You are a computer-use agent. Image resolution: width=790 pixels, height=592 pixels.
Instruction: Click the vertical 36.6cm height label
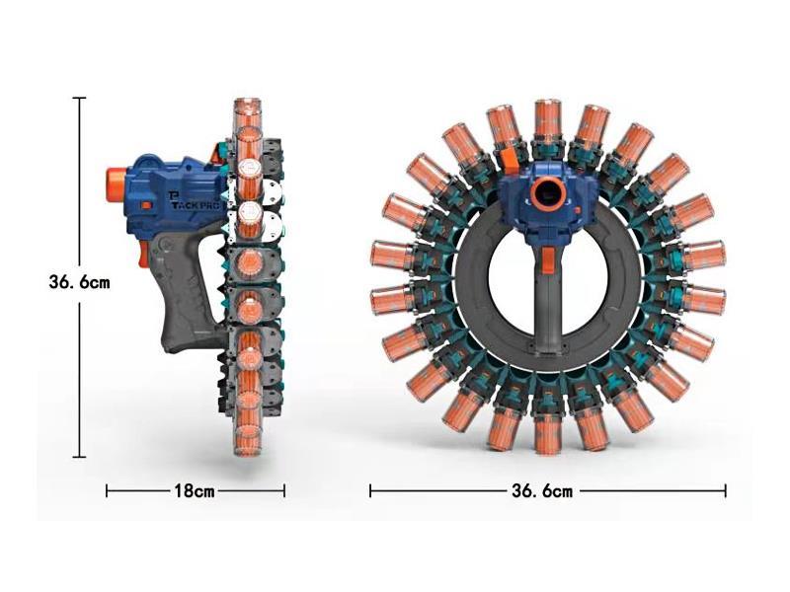pyautogui.click(x=79, y=281)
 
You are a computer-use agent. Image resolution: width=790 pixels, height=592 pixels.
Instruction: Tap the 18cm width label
pyautogui.click(x=196, y=490)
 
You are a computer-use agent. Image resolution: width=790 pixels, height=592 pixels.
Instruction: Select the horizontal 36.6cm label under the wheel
pyautogui.click(x=541, y=490)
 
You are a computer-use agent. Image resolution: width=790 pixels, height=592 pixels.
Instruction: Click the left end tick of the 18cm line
pyautogui.click(x=107, y=490)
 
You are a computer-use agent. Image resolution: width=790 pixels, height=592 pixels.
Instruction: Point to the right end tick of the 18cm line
pyautogui.click(x=284, y=490)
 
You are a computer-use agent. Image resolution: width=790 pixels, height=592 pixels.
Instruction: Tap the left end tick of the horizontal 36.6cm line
pyautogui.click(x=370, y=490)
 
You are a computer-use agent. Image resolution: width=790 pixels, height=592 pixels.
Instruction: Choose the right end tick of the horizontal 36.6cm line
pyautogui.click(x=726, y=490)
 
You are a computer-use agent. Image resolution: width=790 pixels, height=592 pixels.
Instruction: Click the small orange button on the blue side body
pyautogui.click(x=145, y=205)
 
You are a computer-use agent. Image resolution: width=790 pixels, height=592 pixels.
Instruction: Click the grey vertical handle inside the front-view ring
pyautogui.click(x=547, y=296)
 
